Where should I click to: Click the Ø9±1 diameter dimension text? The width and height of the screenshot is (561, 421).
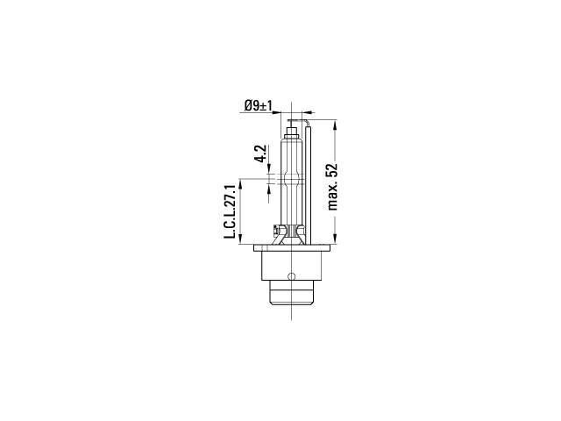point(259,105)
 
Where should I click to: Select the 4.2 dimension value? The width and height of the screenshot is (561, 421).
point(261,153)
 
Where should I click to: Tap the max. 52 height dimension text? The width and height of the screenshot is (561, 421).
point(332,187)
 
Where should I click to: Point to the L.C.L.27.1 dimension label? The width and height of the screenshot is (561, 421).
point(229,212)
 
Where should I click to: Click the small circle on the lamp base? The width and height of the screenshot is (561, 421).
point(292,276)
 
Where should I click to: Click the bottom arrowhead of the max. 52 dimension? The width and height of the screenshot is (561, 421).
point(335,239)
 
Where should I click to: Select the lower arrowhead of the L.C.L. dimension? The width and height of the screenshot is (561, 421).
point(240,239)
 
